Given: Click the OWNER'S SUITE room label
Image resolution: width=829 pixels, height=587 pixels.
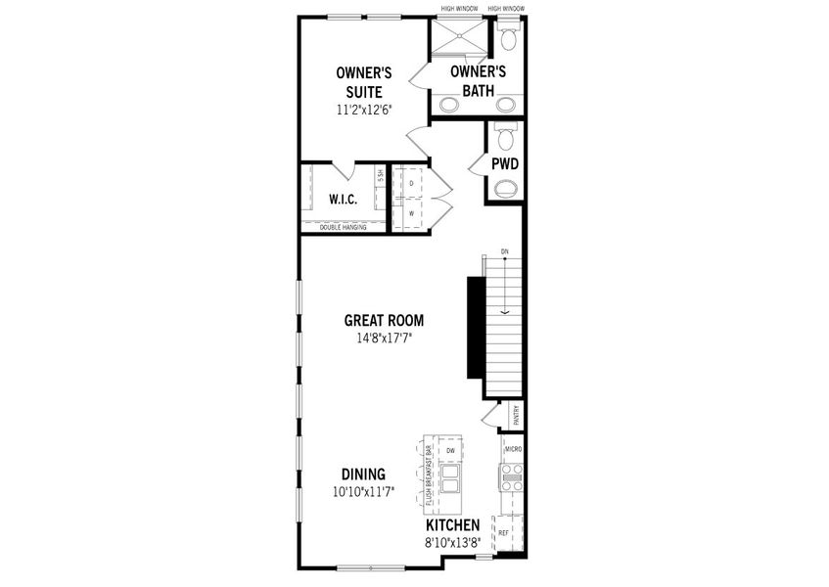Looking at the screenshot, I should (364, 82).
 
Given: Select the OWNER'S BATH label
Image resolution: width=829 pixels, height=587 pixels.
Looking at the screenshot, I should (478, 81).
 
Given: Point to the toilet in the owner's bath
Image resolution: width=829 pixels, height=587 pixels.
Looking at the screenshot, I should (508, 39).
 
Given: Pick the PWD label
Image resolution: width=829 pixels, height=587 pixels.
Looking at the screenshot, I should (504, 163).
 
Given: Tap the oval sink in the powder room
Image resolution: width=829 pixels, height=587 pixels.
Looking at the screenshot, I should (505, 189).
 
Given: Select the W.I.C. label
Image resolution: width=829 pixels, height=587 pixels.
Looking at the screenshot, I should (343, 200).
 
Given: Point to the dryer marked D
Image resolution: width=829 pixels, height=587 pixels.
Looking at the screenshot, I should (412, 183).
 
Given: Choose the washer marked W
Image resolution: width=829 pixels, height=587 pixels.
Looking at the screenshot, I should (412, 212).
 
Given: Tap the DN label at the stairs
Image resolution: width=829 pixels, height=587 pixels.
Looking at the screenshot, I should (504, 251).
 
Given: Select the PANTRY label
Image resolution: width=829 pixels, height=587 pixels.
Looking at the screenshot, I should (515, 416).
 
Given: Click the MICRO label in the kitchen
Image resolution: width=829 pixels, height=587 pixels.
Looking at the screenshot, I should (514, 448).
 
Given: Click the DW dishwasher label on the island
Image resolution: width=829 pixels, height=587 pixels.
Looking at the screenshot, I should (451, 450).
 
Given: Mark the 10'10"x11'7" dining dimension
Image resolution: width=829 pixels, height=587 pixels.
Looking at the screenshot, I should (363, 492).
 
